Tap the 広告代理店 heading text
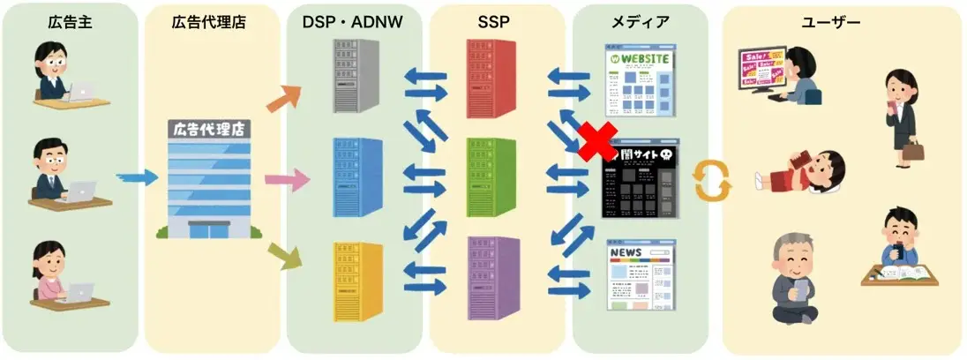click(209, 23)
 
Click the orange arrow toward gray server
click(284, 98)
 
